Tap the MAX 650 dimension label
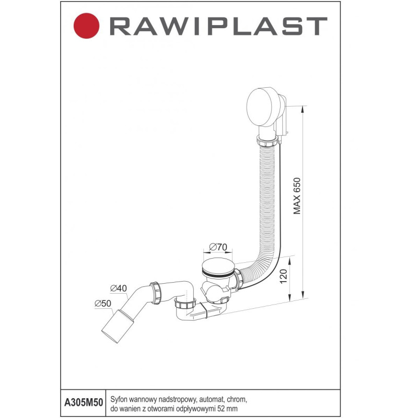(x=297, y=194)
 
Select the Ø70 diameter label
(x=216, y=246)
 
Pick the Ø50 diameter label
(x=102, y=303)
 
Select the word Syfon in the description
(x=119, y=399)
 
